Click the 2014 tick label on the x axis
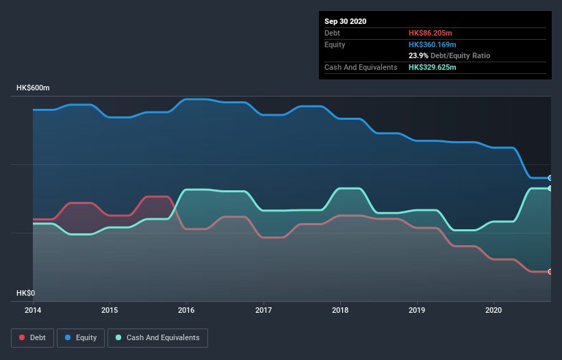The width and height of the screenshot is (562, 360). (x=33, y=310)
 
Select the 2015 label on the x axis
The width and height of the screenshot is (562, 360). (x=110, y=310)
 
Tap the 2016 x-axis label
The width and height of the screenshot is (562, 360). (x=186, y=310)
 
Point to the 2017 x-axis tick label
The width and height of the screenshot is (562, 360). (x=262, y=310)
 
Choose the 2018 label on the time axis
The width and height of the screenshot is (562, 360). (x=339, y=310)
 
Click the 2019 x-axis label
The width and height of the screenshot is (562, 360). (x=416, y=310)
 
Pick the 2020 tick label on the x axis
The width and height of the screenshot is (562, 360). (x=492, y=310)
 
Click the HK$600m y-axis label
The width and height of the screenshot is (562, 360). (x=34, y=88)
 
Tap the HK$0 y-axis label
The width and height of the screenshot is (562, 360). (x=26, y=293)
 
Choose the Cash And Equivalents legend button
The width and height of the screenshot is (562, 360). (x=157, y=337)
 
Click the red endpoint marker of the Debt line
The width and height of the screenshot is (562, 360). (x=550, y=272)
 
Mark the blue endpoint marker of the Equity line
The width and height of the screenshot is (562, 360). (x=550, y=178)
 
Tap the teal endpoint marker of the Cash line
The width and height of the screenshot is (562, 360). (x=550, y=188)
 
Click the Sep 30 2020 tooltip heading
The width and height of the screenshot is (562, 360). (x=346, y=21)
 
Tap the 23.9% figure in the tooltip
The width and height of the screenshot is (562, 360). (x=419, y=55)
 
